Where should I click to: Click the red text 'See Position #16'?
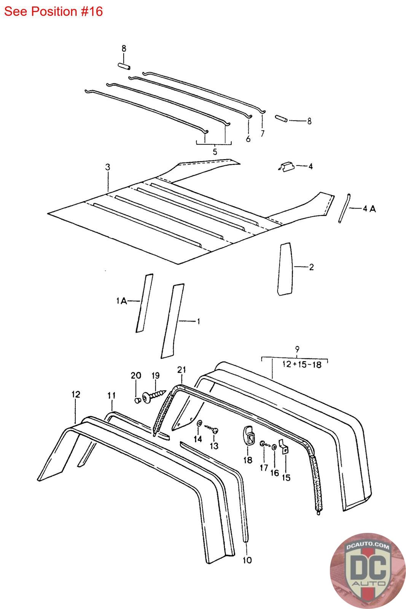coord(53,11)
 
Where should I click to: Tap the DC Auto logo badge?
coord(368,571)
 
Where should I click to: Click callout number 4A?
coord(369,209)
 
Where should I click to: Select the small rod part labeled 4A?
coord(344,208)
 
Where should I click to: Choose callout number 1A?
coord(121,301)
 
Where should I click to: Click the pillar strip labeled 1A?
coord(144,303)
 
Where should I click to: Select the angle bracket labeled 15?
coord(284,447)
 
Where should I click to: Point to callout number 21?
coord(182,370)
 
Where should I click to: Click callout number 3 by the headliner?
coord(108,167)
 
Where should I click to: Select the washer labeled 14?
coord(199,423)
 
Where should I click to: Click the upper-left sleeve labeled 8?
coord(124,66)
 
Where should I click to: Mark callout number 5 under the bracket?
coord(215,152)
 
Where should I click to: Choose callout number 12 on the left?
coord(76,394)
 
